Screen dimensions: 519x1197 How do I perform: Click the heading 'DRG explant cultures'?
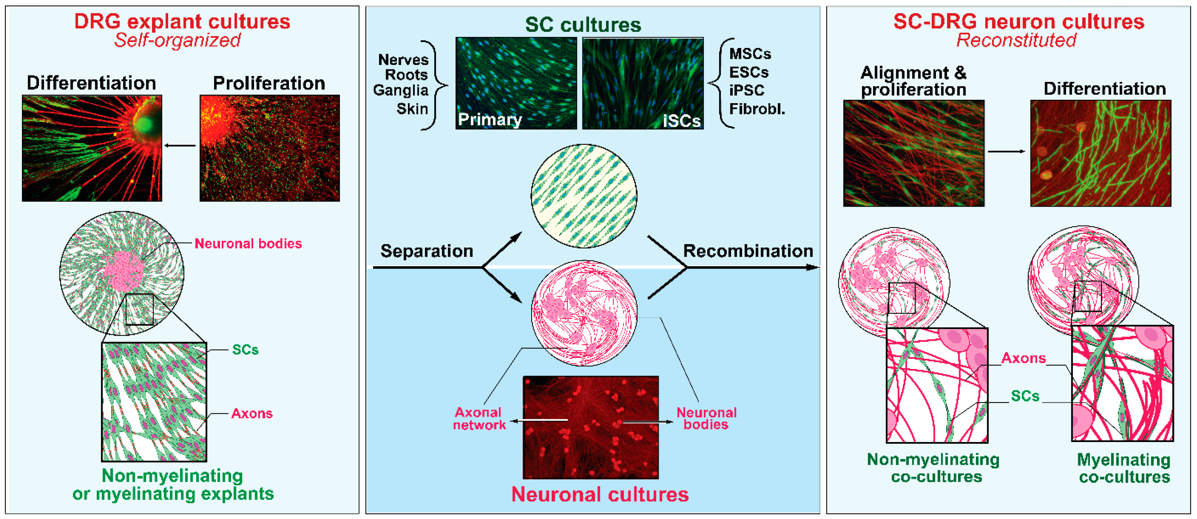tap(182, 21)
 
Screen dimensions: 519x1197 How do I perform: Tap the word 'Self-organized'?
tap(177, 40)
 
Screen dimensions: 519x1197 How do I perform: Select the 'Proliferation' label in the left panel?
tap(269, 83)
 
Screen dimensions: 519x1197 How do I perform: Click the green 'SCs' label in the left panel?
tap(245, 350)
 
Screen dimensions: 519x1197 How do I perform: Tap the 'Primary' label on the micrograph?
tap(489, 120)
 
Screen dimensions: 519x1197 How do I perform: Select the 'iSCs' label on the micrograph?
tap(681, 121)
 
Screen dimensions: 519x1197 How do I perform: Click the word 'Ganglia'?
tap(400, 90)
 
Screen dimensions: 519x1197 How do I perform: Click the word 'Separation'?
tap(427, 251)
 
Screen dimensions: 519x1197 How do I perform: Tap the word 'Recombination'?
tap(748, 251)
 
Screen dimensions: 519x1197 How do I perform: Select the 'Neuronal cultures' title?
tap(599, 494)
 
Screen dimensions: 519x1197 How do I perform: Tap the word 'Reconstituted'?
tap(1016, 40)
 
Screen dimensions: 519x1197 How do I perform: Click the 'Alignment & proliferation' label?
tap(913, 81)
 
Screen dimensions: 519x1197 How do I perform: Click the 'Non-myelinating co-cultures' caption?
tap(933, 468)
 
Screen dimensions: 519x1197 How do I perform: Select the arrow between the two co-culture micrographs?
tap(1006, 152)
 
